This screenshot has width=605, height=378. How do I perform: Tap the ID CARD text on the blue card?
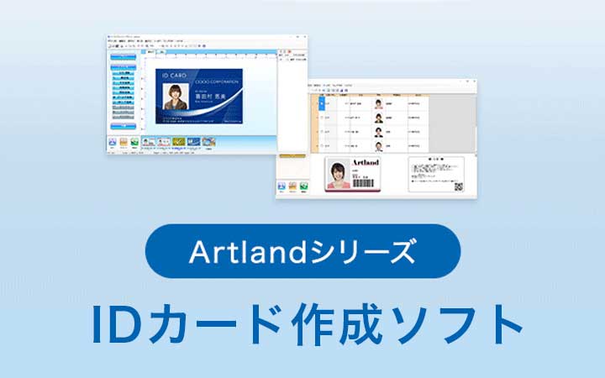tap(172, 75)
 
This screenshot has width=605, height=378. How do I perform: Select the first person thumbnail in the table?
tap(379, 105)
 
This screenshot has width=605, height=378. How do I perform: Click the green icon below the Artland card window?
tap(305, 187)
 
